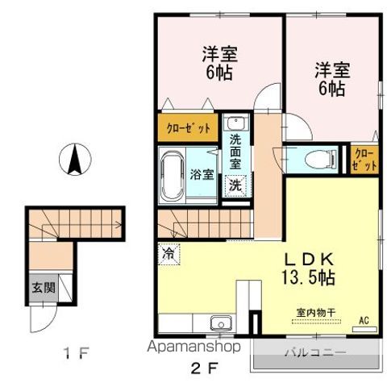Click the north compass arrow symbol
point(75,159)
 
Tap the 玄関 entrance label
point(40,287)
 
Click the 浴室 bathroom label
point(202,173)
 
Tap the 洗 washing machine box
point(235,184)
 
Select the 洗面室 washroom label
point(235,152)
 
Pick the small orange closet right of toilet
point(364,159)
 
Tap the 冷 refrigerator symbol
point(169,252)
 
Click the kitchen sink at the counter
point(220,325)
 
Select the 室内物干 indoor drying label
point(310,312)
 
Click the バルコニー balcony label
point(314,353)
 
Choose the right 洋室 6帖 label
point(331,80)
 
